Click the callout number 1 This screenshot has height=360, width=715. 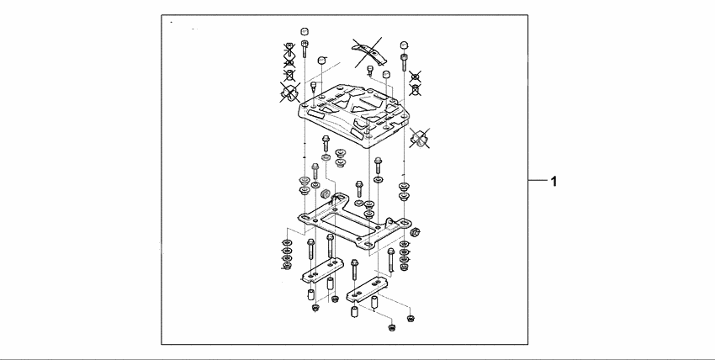click(x=553, y=181)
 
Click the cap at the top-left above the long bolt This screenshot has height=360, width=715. click(x=303, y=33)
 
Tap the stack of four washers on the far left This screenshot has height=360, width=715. click(x=287, y=254)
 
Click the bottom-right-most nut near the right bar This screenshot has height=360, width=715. click(x=411, y=318)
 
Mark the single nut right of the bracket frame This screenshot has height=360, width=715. click(x=418, y=231)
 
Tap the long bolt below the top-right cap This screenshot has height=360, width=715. click(x=405, y=61)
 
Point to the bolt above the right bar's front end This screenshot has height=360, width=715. click(x=355, y=269)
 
